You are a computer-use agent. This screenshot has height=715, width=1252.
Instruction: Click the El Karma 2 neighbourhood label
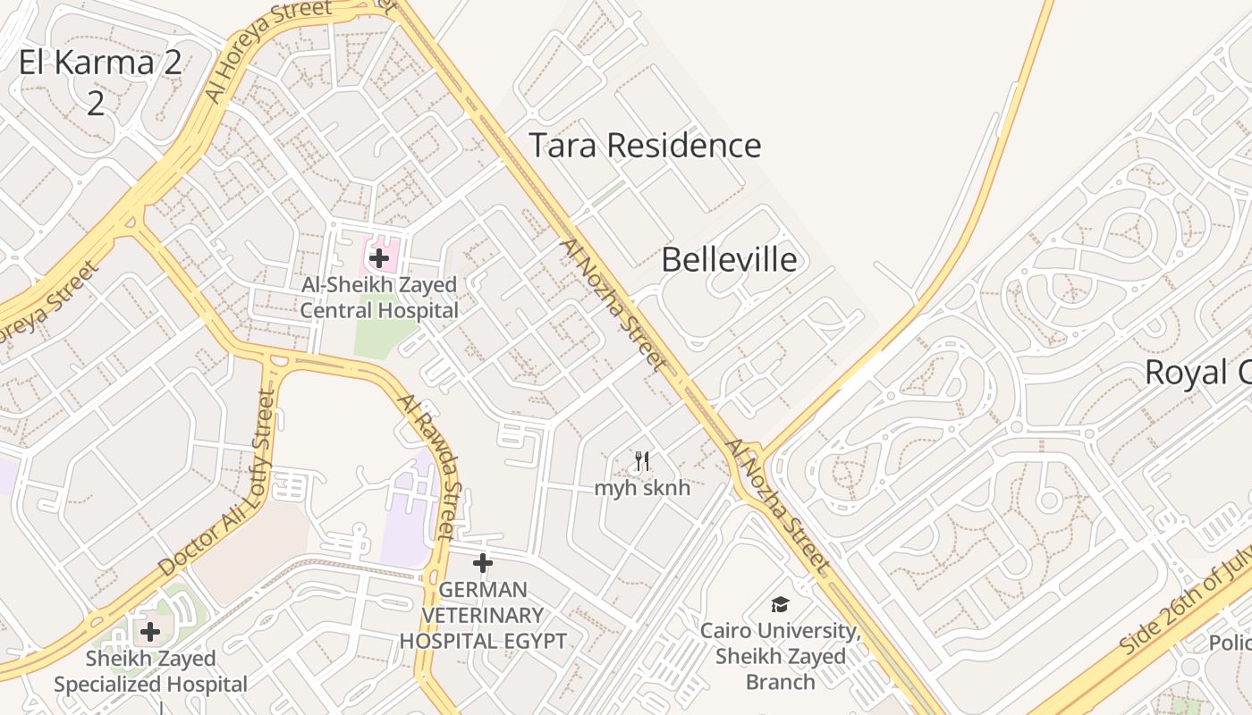coord(99,63)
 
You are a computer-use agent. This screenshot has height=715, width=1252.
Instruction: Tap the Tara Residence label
coord(645,146)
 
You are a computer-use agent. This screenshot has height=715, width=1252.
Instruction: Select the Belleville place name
coord(729,260)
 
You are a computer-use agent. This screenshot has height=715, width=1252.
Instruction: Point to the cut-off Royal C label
coord(1197,373)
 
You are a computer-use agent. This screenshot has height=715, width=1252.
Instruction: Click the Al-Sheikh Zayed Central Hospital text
coord(379,298)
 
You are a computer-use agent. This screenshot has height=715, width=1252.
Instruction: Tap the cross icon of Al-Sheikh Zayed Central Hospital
coord(379,259)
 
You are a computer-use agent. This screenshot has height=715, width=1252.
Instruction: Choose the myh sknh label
coord(642,489)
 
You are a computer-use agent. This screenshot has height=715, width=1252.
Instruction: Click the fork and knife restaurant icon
coord(642,462)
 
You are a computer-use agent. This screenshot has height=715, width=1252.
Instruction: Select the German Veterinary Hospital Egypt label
coord(483,615)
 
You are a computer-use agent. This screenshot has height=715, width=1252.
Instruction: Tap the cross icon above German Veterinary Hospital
coord(483,563)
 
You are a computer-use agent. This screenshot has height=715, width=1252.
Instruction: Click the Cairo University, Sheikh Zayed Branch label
coord(781,656)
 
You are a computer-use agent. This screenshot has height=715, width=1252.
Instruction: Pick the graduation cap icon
coord(781,605)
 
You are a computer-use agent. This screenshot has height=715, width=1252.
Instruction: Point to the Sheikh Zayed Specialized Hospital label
coord(150,671)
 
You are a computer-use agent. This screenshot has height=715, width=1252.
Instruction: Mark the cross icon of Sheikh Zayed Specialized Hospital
coord(150,633)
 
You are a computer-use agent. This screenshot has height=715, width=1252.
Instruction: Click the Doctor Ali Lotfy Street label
coord(219,484)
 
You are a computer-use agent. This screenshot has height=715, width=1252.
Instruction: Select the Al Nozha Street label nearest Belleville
coord(614,305)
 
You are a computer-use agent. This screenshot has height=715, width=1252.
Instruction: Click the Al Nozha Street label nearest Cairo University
coord(778,506)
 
